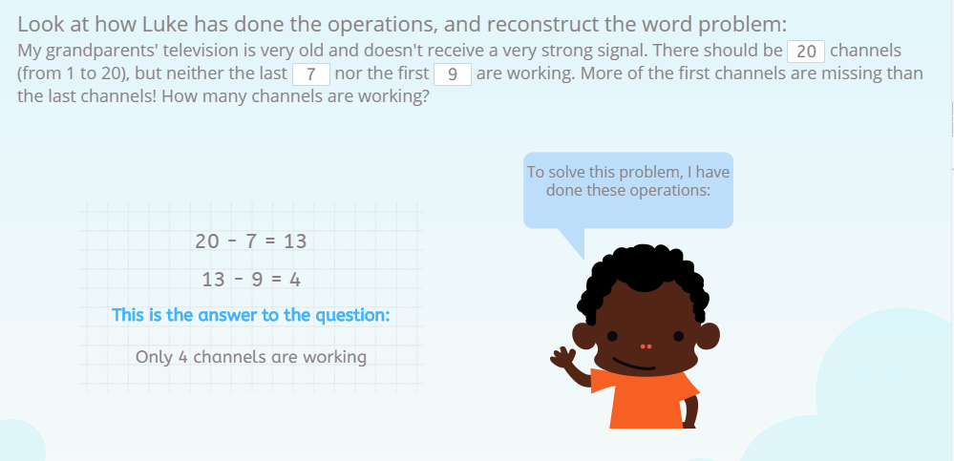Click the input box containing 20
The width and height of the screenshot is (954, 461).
tap(806, 52)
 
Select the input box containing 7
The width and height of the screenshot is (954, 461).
tap(311, 74)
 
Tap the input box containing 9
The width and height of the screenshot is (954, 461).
tap(453, 74)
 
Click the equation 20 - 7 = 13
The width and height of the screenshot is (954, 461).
tap(251, 241)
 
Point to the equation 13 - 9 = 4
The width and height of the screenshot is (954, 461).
tap(251, 280)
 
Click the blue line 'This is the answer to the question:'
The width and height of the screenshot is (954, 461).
tap(251, 315)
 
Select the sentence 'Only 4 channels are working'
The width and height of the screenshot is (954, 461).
tap(251, 357)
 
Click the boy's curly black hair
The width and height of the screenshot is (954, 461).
tap(643, 272)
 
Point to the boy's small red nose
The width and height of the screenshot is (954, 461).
tap(645, 346)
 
